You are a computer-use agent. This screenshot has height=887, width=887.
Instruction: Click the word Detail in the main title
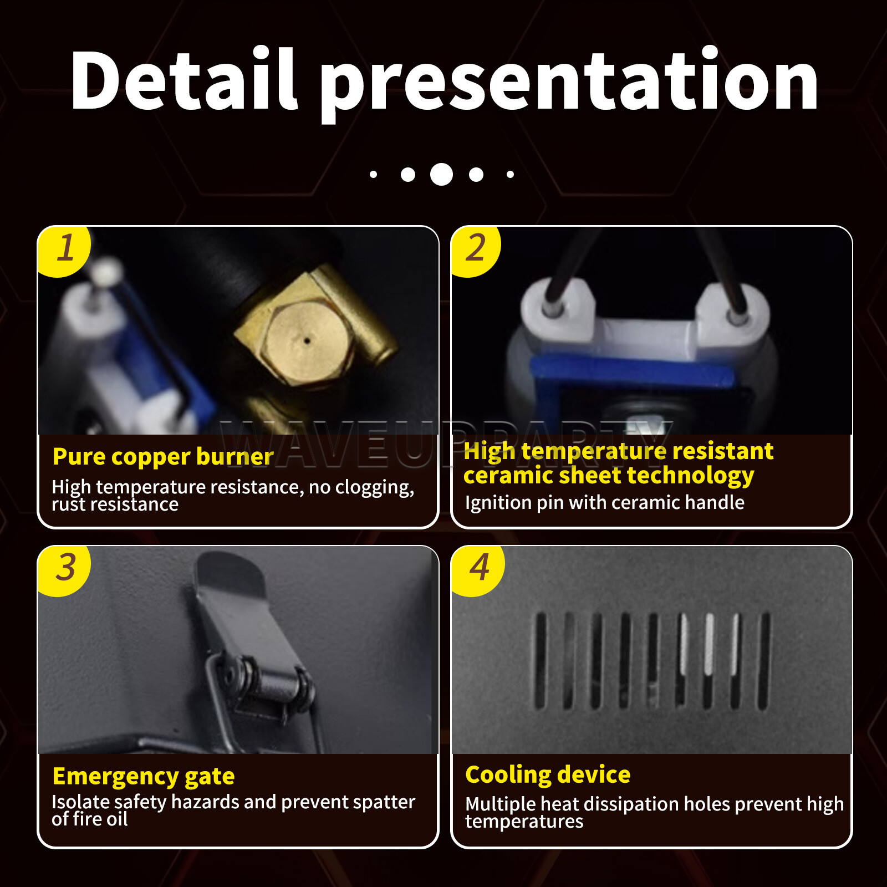(184, 79)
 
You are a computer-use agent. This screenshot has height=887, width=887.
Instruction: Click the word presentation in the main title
(569, 84)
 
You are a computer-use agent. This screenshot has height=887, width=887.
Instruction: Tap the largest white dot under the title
(442, 175)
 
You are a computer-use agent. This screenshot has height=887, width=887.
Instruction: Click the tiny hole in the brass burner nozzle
(307, 341)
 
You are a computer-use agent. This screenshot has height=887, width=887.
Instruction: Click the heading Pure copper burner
(163, 456)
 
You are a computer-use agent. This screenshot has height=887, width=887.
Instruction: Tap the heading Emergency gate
(144, 776)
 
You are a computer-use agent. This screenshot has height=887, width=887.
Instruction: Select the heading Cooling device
(548, 774)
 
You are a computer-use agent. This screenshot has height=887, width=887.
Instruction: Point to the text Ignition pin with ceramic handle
(605, 502)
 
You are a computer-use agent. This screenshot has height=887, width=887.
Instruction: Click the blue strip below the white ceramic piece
(632, 371)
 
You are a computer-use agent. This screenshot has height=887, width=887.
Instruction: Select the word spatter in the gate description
(384, 802)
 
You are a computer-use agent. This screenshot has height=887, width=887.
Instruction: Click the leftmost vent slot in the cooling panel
(540, 660)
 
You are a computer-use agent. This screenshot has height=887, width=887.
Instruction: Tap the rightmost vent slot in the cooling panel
(763, 660)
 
